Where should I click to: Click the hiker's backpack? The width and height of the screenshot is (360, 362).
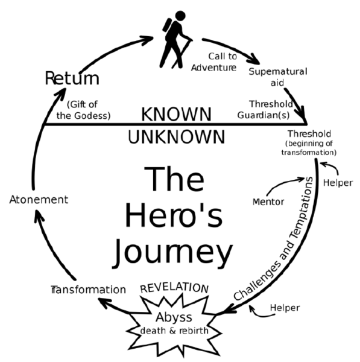[x=167, y=25]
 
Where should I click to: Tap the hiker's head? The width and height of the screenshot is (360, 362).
[x=180, y=16]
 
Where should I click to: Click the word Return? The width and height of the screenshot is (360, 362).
[x=72, y=78]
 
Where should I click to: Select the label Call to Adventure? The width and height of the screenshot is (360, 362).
[x=214, y=62]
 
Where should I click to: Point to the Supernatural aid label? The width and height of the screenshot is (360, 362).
[x=278, y=77]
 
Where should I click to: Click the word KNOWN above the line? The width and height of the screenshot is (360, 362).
[x=176, y=114]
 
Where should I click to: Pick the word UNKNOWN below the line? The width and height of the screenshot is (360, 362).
[x=176, y=137]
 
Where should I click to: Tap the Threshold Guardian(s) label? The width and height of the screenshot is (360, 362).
[x=265, y=109]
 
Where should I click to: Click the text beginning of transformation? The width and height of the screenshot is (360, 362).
[x=309, y=148]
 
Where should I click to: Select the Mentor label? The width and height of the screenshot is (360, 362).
[x=268, y=202]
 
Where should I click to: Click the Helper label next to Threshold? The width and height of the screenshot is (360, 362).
[x=338, y=183]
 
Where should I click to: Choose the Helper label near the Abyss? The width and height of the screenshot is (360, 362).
[x=285, y=308]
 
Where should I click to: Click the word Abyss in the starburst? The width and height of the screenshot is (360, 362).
[x=174, y=317]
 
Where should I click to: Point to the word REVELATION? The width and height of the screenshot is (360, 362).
[x=174, y=288]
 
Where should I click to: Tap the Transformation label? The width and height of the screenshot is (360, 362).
[x=88, y=290]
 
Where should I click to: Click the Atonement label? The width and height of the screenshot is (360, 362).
[x=39, y=200]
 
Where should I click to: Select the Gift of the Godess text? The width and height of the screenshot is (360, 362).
[x=84, y=110]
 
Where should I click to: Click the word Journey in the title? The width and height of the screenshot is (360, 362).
[x=172, y=253]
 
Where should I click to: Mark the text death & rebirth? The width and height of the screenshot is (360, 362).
[x=174, y=331]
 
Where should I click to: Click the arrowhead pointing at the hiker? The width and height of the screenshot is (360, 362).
[x=148, y=40]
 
